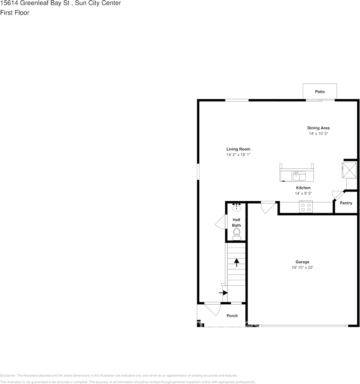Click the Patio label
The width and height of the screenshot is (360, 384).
(320, 92)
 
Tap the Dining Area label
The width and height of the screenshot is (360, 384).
(318, 128)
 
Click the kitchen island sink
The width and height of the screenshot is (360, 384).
(299, 175)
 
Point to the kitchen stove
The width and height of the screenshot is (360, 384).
(306, 207)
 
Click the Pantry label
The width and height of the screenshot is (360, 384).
(346, 203)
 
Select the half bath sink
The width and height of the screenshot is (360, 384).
(236, 208)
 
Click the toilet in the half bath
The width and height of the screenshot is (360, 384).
(236, 232)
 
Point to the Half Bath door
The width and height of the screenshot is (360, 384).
(220, 222)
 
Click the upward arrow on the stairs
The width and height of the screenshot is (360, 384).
(236, 262)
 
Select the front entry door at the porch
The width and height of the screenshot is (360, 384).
(212, 309)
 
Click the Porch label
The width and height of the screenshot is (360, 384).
(232, 316)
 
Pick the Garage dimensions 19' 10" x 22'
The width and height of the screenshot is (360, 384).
(302, 267)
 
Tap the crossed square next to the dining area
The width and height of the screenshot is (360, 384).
(349, 170)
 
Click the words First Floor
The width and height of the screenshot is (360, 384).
(15, 13)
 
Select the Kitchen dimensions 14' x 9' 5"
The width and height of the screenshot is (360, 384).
(303, 193)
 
